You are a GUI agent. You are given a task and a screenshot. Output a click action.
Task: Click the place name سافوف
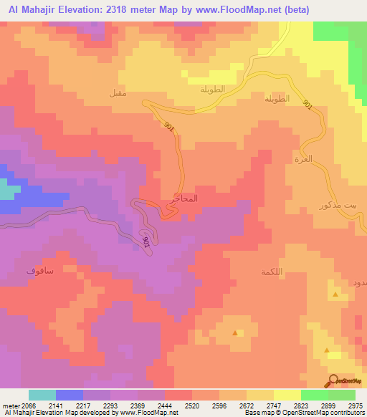[39, 272]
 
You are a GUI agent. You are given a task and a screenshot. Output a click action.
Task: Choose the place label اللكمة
[274, 272]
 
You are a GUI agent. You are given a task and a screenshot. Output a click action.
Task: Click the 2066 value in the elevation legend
[21, 405]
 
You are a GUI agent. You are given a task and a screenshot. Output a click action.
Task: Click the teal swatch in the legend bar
[42, 395]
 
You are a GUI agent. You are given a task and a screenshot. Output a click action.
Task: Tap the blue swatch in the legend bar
[70, 395]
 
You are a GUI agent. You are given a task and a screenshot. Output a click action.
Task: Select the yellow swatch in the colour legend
[287, 395]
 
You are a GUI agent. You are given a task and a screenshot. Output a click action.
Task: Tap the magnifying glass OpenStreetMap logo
[332, 380]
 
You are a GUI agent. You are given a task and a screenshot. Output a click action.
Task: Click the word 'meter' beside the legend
[10, 405]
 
